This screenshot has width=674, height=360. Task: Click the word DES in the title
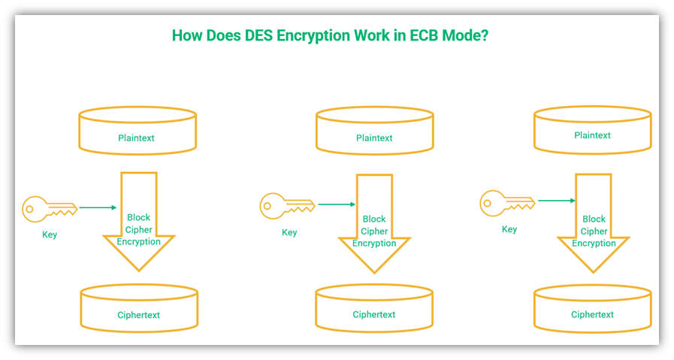point(258,35)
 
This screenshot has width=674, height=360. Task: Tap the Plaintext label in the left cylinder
point(136,138)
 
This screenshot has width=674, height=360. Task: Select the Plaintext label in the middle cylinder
point(374,138)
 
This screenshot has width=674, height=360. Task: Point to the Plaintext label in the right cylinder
point(592,135)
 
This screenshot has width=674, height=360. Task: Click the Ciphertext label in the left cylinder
point(138,315)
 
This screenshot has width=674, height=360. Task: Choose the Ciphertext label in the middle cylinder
point(374,314)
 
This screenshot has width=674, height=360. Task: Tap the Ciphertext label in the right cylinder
point(592,314)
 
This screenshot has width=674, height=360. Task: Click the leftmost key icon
point(50,210)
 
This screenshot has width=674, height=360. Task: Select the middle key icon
point(287,206)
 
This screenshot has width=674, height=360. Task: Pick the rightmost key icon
point(507,203)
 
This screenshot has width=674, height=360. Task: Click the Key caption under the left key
point(50,234)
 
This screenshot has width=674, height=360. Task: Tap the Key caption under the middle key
point(289,233)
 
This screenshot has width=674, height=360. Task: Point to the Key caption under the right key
point(509,229)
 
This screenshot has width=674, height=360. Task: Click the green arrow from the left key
point(98,207)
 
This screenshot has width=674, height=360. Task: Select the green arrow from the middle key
point(337,204)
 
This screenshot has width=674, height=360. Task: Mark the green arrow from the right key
point(557,201)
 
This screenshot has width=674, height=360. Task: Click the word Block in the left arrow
point(138,218)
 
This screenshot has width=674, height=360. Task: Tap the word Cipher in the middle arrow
point(374,231)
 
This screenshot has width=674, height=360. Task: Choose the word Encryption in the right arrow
point(594,244)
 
